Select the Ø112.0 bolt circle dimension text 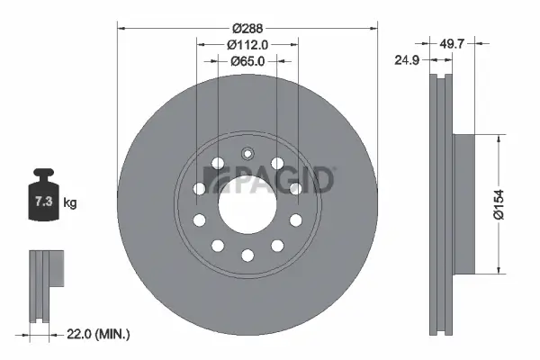pyautogui.click(x=247, y=45)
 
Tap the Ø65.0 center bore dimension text pyautogui.click(x=247, y=61)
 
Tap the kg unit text pyautogui.click(x=70, y=202)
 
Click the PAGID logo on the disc pyautogui.click(x=271, y=180)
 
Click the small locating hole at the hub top pyautogui.click(x=247, y=152)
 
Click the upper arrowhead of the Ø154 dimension pyautogui.click(x=497, y=138)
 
